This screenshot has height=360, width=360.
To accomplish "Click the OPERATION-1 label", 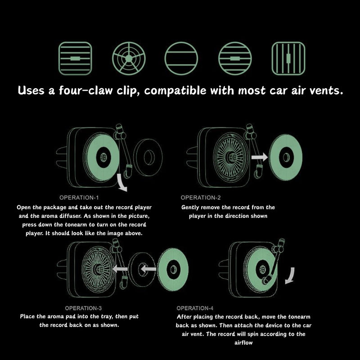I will click(x=79, y=198).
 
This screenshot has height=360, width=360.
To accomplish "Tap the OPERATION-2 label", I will click(x=201, y=198).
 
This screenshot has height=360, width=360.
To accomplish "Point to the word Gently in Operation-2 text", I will click(x=192, y=207).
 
